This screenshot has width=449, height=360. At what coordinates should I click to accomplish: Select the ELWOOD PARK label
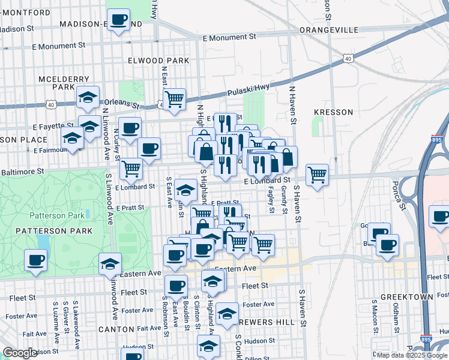[x=158, y=61]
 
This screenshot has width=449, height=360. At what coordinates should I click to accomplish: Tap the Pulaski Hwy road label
[x=247, y=92]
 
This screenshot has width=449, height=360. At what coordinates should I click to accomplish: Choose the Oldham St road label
[x=396, y=322]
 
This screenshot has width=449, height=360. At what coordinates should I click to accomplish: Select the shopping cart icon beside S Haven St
[x=317, y=175]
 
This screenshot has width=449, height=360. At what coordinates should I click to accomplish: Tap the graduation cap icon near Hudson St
[x=208, y=346]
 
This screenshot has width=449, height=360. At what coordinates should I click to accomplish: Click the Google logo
[x=20, y=353]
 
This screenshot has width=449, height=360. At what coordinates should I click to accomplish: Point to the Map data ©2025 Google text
[x=412, y=355]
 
